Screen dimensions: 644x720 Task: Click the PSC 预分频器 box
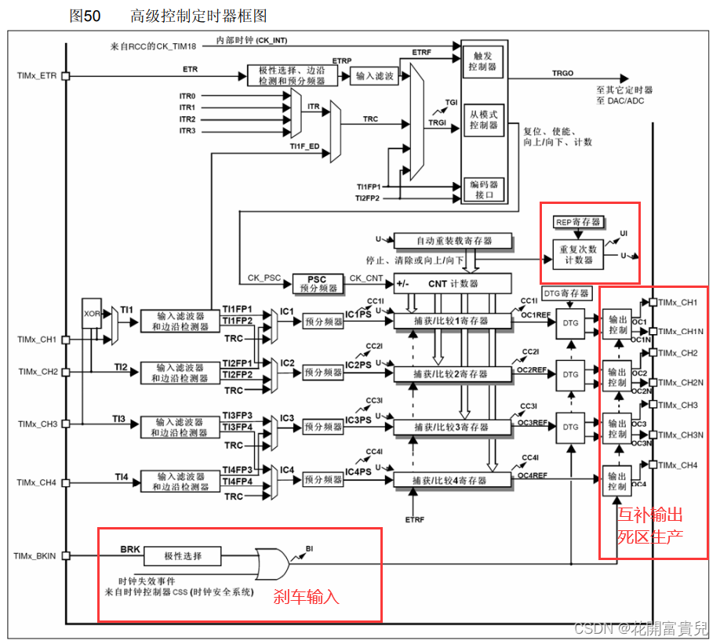click(x=316, y=283)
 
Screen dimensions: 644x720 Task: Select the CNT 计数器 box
click(x=453, y=283)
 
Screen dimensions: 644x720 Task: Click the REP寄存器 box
click(x=579, y=222)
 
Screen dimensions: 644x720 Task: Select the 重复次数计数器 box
click(x=579, y=254)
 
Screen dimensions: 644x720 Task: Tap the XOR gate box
click(x=93, y=312)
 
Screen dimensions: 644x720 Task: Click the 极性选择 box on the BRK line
click(x=183, y=556)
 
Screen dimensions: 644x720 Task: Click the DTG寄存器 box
click(x=566, y=293)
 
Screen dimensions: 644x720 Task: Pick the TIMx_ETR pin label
click(x=37, y=76)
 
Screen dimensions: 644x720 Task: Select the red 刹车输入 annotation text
click(x=306, y=597)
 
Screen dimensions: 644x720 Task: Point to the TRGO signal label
click(x=562, y=73)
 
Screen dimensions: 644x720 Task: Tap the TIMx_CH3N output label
click(x=679, y=435)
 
